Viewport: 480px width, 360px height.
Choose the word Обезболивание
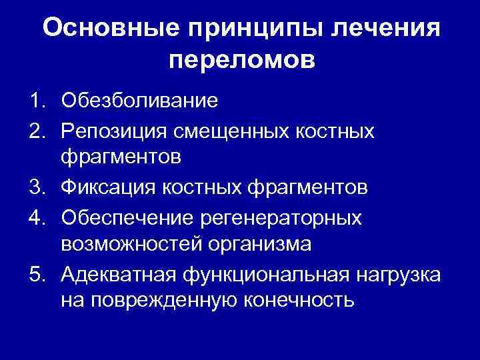tap(139, 101)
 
